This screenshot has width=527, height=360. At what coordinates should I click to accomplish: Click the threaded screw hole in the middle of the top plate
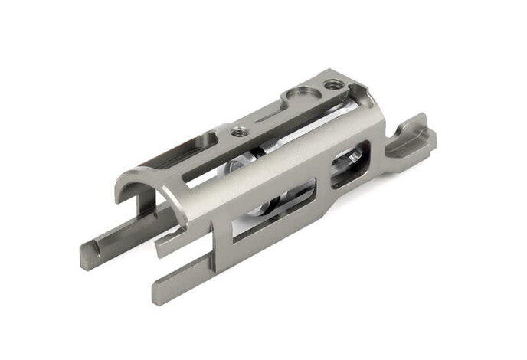click(x=238, y=130)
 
